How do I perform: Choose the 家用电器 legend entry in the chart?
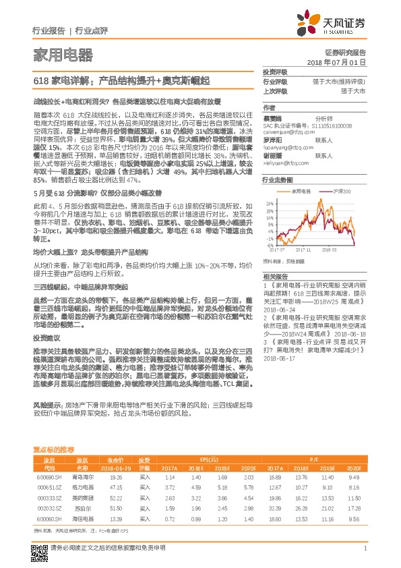pos(306,191)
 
